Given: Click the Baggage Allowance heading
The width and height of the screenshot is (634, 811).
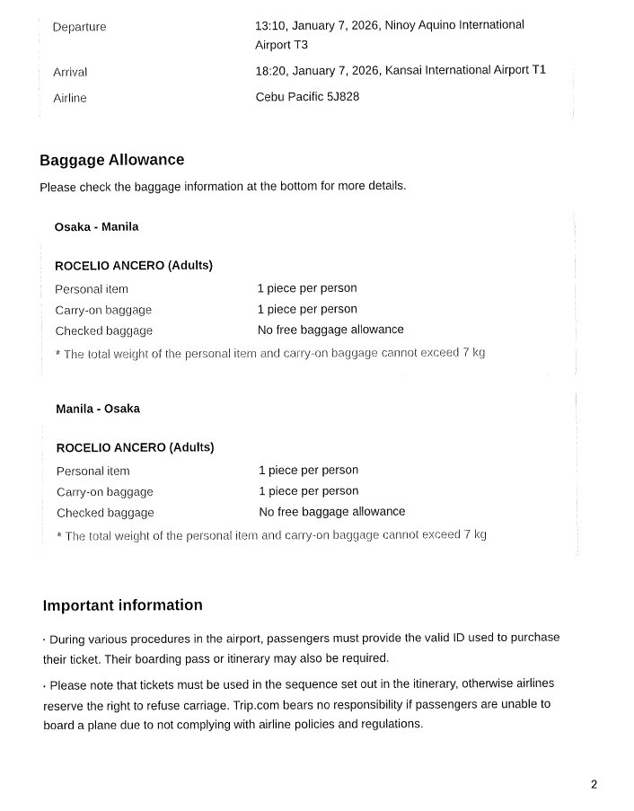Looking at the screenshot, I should (111, 161).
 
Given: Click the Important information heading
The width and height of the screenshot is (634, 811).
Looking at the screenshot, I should (122, 605).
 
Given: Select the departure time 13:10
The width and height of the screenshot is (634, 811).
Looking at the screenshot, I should (270, 25).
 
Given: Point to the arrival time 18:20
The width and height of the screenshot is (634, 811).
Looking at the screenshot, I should (270, 70).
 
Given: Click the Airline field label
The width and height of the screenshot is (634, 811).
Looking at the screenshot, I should (70, 98).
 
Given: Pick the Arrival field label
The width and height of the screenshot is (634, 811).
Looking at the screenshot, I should (70, 72).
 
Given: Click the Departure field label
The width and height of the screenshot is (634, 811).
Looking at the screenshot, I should (79, 27).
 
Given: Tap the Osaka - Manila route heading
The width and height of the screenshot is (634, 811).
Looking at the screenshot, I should (96, 227).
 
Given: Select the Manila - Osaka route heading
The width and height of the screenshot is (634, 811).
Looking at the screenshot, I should (98, 409).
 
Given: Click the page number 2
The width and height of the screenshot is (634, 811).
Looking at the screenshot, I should (594, 784).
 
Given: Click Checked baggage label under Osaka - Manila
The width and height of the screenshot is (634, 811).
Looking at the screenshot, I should (103, 331).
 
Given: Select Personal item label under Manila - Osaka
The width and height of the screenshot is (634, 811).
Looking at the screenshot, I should (92, 472).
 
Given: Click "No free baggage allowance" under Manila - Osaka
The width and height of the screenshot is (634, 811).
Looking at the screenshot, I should (331, 512).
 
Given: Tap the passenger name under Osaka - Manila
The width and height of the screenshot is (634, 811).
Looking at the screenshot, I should (133, 266).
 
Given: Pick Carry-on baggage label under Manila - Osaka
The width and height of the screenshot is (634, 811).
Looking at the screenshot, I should (104, 492).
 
